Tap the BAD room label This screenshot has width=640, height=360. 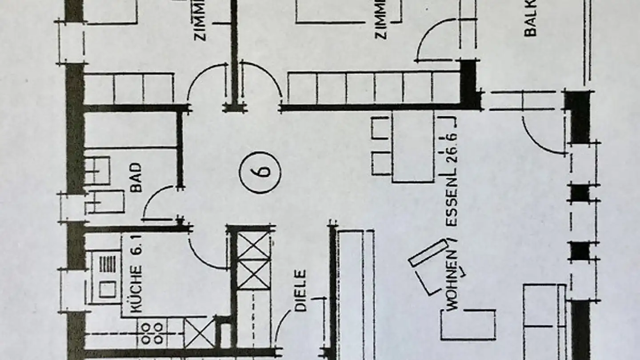(x=136, y=178)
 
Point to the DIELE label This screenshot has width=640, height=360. (x=300, y=290)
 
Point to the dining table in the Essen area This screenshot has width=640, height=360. (x=413, y=147)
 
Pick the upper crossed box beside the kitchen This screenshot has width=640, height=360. (x=254, y=246)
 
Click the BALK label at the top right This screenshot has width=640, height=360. (x=530, y=20)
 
